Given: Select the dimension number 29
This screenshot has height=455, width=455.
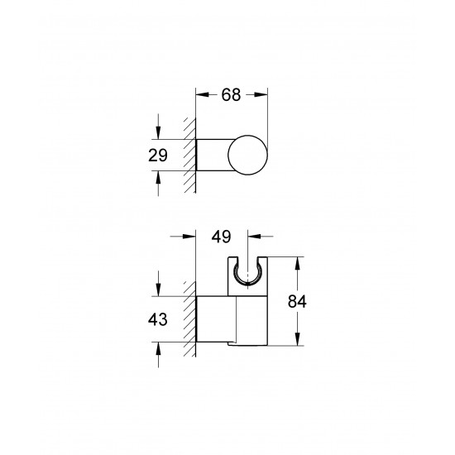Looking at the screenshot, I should [x=158, y=154].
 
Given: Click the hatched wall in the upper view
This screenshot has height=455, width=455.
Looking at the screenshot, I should [x=189, y=155].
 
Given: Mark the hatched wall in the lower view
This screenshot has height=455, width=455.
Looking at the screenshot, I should [x=189, y=318].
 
